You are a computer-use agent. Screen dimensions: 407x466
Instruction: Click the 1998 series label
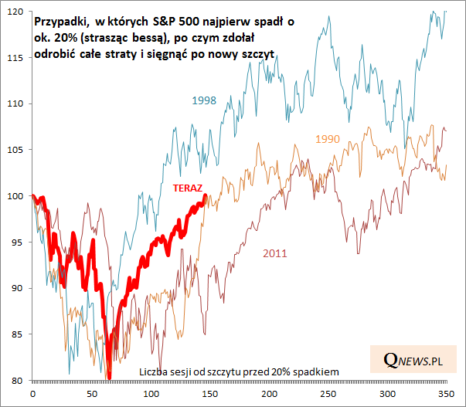click(204, 100)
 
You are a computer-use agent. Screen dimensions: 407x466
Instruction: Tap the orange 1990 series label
click(328, 138)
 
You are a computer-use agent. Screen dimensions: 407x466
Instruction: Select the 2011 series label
click(275, 253)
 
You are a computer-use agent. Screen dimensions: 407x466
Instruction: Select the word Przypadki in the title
click(61, 23)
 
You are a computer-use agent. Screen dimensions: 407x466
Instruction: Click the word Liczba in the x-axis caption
click(153, 372)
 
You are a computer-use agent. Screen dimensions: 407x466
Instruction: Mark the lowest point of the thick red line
click(109, 377)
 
